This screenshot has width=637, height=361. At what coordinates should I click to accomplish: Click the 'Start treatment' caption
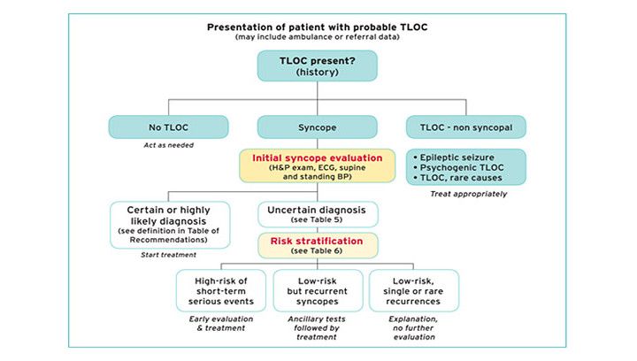167,256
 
